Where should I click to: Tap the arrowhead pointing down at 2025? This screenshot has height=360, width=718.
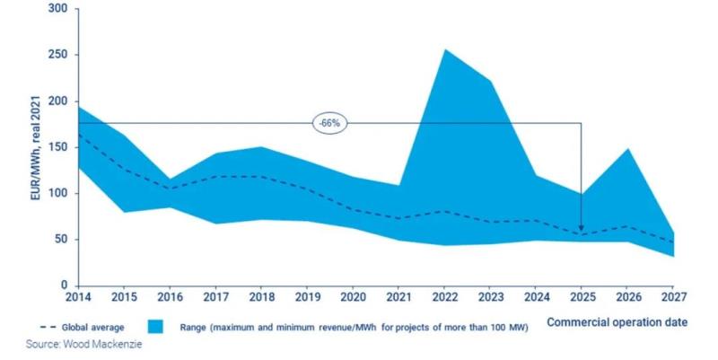[x=582, y=230]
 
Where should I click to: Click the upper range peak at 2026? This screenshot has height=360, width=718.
[x=627, y=149]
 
